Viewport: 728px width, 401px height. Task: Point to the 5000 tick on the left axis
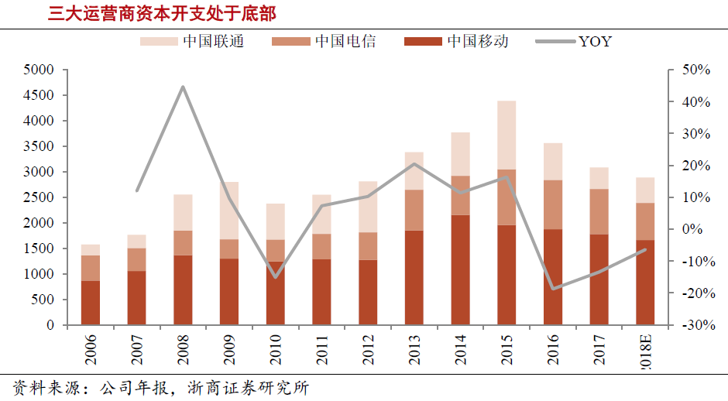[39, 70]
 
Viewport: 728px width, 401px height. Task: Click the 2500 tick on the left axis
[39, 197]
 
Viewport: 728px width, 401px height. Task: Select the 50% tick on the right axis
[695, 70]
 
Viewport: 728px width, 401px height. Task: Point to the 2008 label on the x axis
[183, 348]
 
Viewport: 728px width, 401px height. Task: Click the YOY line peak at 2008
[183, 87]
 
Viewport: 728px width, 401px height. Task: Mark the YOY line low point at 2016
[552, 289]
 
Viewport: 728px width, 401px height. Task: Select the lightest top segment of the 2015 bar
[507, 135]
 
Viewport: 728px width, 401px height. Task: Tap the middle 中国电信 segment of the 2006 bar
[91, 268]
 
